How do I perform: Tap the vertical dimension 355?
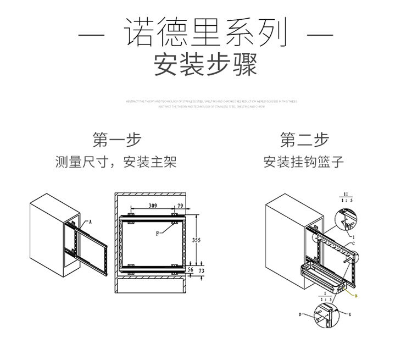click(x=196, y=240)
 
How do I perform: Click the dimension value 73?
click(x=201, y=271)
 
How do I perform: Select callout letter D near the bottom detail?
click(x=300, y=315)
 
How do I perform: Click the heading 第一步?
click(x=116, y=140)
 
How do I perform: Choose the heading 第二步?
click(x=304, y=140)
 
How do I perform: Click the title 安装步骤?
click(x=205, y=65)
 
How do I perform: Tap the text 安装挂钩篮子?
click(x=304, y=162)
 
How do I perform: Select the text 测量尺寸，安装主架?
click(x=116, y=162)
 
